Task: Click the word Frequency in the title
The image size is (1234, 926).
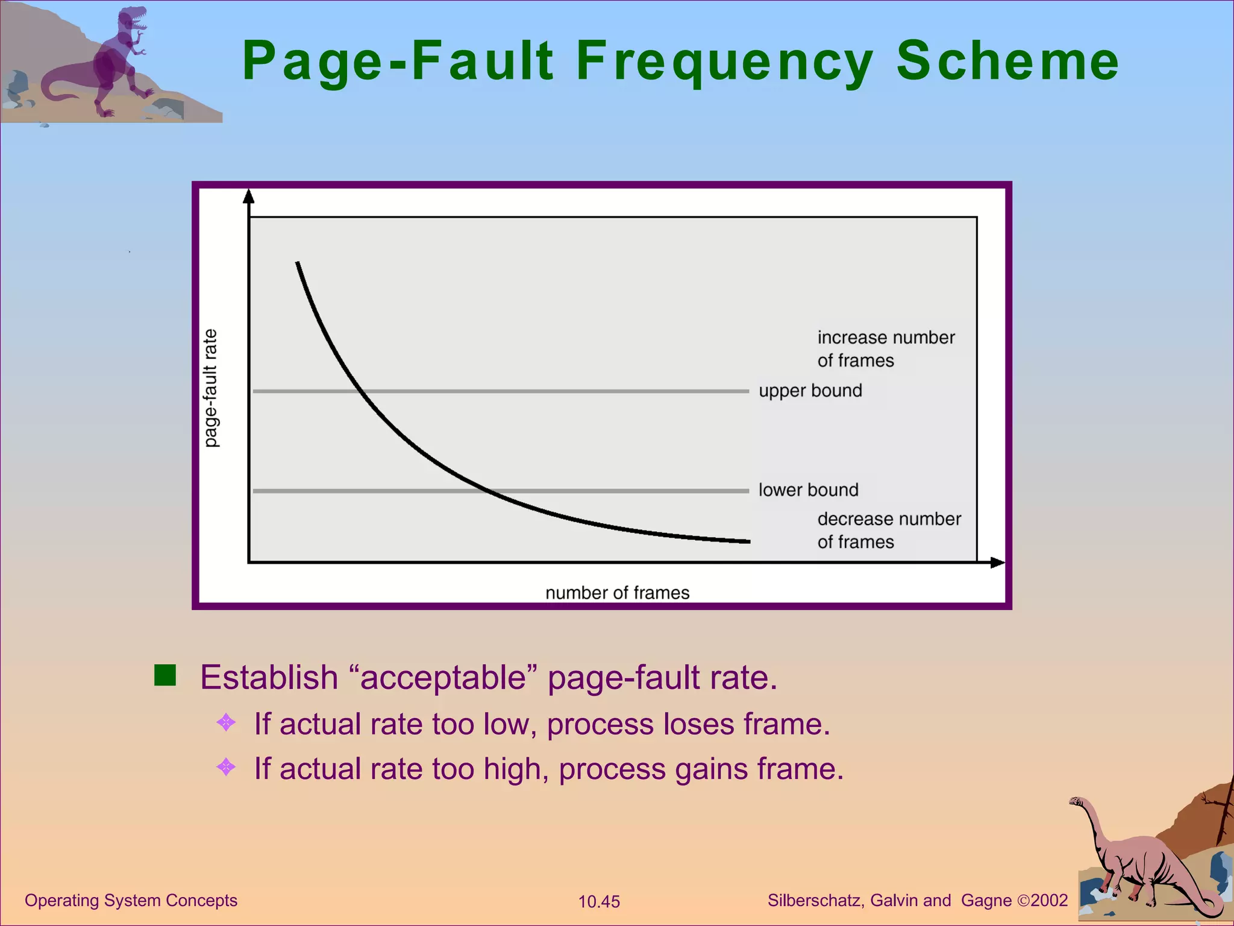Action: pos(725,61)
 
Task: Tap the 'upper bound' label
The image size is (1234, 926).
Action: pos(810,391)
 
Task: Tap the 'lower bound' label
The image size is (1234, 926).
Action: pos(808,490)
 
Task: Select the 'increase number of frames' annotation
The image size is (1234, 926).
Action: pos(885,348)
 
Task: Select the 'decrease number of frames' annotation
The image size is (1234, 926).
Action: pos(888,530)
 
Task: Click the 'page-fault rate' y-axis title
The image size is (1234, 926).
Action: pos(210,388)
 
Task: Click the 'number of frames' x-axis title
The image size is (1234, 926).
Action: pos(617,593)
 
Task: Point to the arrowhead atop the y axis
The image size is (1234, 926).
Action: pos(249,196)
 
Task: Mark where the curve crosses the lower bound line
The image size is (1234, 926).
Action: pos(490,491)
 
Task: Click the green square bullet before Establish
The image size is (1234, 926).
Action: pos(165,675)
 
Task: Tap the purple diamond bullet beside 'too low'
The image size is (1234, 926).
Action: pos(226,722)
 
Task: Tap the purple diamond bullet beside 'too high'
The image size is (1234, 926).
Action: pos(226,767)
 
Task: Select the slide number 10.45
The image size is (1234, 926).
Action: pos(599,901)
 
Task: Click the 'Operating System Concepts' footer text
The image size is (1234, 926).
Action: pos(131,900)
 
